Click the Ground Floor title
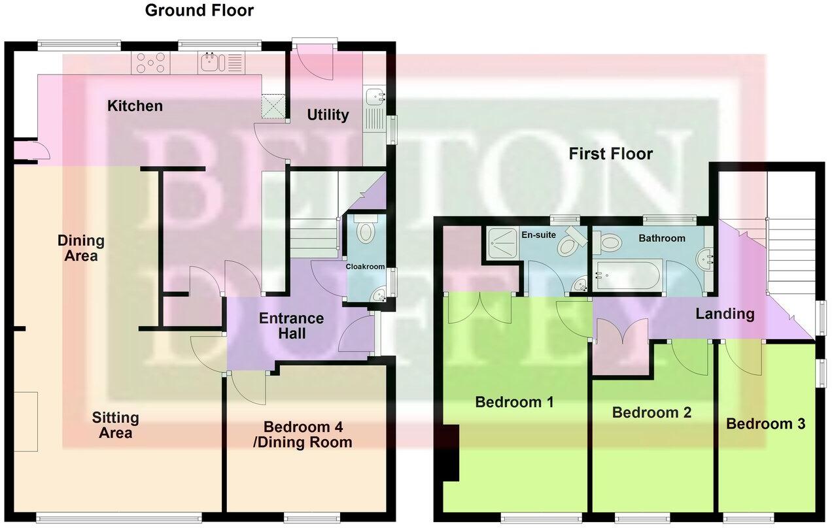point(199,10)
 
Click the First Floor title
point(610,154)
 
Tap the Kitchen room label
point(135,106)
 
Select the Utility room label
point(328,115)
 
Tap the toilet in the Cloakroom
point(364,230)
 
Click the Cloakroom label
point(365,266)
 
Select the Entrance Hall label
point(291,326)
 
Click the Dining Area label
point(80,248)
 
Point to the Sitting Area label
point(115,425)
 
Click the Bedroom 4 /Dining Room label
point(307,435)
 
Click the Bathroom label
point(662,238)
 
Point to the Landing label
point(725,314)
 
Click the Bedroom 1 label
point(514,402)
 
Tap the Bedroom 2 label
point(651,412)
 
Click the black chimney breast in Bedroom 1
point(450,453)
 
